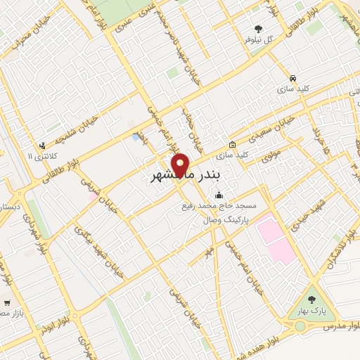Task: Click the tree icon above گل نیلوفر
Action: pyautogui.click(x=258, y=29)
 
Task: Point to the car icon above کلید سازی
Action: pyautogui.click(x=292, y=77)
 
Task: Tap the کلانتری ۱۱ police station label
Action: pyautogui.click(x=39, y=155)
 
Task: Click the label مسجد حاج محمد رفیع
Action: pyautogui.click(x=219, y=206)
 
